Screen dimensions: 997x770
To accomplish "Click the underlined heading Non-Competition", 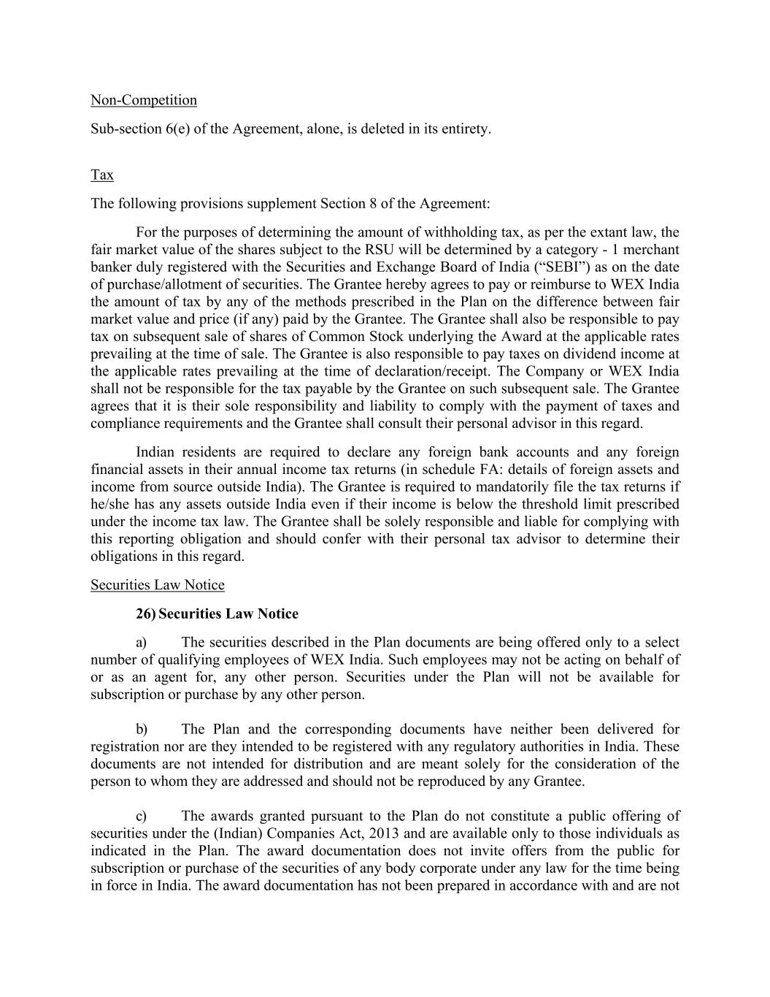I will [x=144, y=100].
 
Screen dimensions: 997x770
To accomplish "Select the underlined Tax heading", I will [x=102, y=175].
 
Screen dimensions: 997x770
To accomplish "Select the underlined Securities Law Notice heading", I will [x=158, y=585].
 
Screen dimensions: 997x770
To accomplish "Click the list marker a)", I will [x=142, y=643].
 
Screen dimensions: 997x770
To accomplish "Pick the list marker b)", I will [x=142, y=730].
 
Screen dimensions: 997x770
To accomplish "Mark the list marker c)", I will [x=142, y=816].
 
